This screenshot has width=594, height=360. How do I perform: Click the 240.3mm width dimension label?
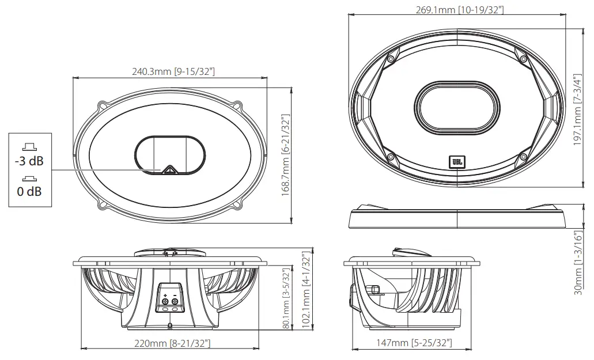(173, 71)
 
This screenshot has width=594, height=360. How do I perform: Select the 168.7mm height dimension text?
(285, 155)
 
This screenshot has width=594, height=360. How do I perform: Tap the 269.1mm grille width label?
(459, 10)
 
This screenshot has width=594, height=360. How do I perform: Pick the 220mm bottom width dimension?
(172, 344)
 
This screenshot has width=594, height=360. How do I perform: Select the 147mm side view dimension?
(414, 343)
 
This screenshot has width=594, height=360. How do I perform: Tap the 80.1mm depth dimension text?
(286, 298)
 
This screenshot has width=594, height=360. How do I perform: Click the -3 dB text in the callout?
(29, 161)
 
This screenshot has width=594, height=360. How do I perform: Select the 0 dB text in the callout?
(29, 191)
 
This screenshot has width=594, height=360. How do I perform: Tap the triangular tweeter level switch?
(169, 169)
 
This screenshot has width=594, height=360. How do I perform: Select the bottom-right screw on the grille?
(523, 156)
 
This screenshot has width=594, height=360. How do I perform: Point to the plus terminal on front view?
(165, 301)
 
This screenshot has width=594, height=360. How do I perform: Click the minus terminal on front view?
(175, 301)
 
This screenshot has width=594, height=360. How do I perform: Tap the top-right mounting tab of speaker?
(237, 106)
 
